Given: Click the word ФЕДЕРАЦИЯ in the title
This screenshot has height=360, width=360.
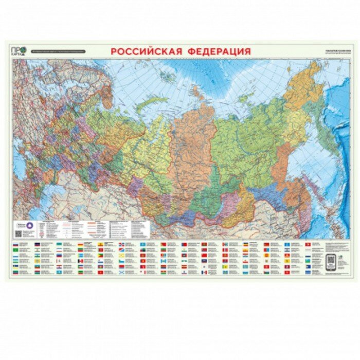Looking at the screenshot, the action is click(x=220, y=51).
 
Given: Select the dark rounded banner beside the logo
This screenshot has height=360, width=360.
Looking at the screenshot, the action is click(x=58, y=51).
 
